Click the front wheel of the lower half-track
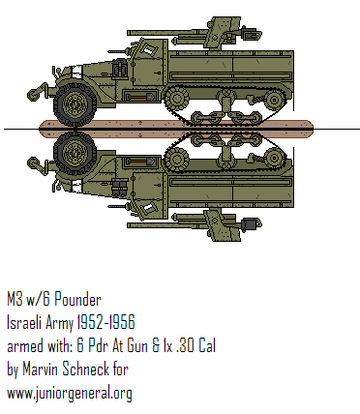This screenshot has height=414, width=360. (x=73, y=152)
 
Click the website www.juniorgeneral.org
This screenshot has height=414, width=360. (x=69, y=393)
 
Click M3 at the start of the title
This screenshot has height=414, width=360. (x=15, y=299)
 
